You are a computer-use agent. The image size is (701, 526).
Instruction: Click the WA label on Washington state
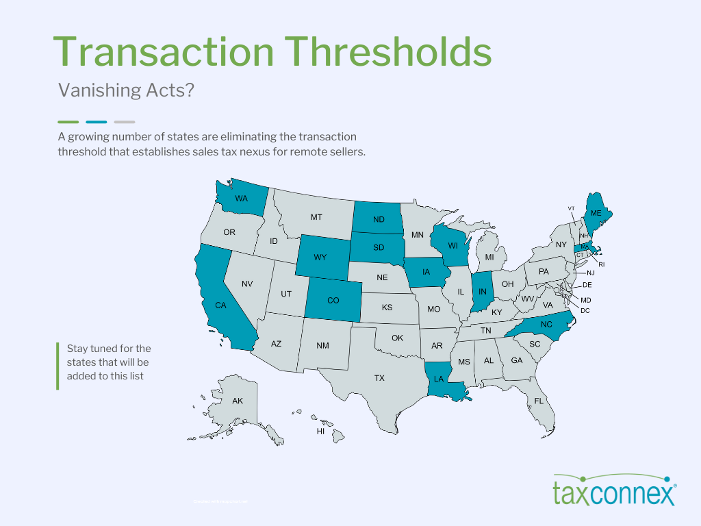pos(241,199)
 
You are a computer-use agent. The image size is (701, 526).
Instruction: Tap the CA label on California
pos(220,305)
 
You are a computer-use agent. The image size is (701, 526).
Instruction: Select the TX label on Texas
pos(379,377)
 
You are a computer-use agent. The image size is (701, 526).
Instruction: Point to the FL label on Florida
pos(539,400)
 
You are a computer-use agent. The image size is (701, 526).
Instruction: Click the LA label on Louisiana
pos(439,378)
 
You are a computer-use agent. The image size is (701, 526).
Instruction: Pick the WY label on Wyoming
pos(320,258)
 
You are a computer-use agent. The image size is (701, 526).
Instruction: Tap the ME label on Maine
pos(596,213)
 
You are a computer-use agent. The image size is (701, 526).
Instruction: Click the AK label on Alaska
pos(238,401)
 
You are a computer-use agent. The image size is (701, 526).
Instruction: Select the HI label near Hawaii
pos(320,431)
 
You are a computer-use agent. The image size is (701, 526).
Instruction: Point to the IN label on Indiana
pos(482,292)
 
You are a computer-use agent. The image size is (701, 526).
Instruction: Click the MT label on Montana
pos(316,217)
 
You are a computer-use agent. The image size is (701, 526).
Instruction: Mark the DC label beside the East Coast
pos(585,310)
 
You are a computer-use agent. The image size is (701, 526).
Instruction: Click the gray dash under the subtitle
pos(124,122)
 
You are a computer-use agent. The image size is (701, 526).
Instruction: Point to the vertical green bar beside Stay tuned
pos(58,366)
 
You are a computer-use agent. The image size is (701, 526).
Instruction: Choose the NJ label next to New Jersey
pos(591,273)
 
